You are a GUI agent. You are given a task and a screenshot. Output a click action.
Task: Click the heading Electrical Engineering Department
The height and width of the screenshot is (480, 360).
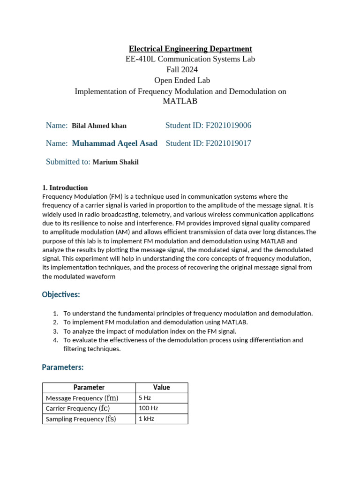click(190, 49)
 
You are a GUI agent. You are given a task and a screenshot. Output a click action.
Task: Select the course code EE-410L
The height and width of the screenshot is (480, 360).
click(141, 59)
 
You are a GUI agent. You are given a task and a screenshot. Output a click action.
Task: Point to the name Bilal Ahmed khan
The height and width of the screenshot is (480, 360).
click(99, 126)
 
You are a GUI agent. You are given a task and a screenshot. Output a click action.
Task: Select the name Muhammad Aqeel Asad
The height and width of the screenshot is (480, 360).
click(115, 143)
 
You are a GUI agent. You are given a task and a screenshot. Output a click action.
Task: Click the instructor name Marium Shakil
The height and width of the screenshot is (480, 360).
click(116, 162)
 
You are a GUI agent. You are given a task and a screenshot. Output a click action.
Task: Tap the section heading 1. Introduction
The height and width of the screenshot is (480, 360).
click(65, 187)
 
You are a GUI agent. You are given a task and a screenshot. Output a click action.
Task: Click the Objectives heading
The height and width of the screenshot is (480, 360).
click(61, 294)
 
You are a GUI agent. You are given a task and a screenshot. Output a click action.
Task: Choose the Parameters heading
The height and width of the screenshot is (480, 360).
click(63, 367)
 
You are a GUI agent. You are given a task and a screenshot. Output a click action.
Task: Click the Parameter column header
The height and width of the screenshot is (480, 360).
click(89, 388)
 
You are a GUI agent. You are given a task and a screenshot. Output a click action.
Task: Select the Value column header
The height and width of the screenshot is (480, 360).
click(162, 388)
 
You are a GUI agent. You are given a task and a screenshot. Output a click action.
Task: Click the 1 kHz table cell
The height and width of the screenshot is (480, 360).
click(146, 419)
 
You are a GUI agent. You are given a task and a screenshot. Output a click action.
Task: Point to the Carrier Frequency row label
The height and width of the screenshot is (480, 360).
click(78, 408)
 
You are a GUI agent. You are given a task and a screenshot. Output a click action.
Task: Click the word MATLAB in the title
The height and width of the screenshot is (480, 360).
click(180, 101)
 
